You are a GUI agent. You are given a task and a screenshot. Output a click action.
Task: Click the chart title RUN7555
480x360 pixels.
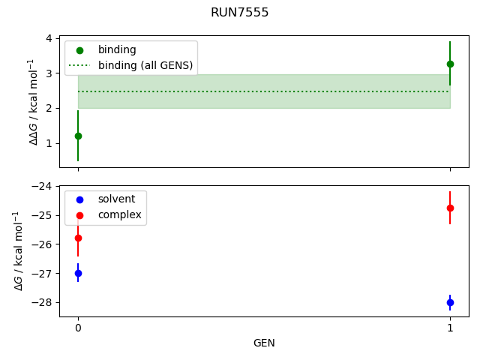(240, 13)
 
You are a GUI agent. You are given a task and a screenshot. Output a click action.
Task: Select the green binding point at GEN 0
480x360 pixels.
(78, 136)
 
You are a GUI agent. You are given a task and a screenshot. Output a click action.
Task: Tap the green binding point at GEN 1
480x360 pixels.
(450, 64)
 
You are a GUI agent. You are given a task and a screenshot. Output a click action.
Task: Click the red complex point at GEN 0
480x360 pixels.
(78, 238)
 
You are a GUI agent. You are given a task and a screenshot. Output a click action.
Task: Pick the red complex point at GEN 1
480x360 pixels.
(450, 208)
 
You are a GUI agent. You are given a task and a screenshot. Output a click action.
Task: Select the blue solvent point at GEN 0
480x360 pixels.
(78, 273)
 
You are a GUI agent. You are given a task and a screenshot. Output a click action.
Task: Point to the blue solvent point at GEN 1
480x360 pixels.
(450, 302)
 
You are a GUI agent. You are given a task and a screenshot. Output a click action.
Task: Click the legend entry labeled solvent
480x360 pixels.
(116, 199)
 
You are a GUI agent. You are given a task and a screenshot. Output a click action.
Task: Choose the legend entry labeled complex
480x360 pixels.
(118, 214)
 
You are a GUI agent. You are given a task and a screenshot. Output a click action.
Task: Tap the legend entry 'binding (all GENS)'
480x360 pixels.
(145, 65)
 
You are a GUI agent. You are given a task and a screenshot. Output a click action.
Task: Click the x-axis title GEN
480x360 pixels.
(264, 343)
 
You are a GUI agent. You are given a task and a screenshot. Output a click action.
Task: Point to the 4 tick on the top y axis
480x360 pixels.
(49, 38)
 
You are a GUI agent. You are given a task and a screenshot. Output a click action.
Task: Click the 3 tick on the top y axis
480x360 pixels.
(49, 73)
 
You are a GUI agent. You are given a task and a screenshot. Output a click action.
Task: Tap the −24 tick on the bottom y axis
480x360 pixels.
(44, 186)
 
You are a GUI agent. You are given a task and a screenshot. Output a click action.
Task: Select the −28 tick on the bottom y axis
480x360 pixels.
(44, 302)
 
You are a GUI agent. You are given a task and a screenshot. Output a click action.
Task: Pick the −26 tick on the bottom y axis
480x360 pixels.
(44, 244)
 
